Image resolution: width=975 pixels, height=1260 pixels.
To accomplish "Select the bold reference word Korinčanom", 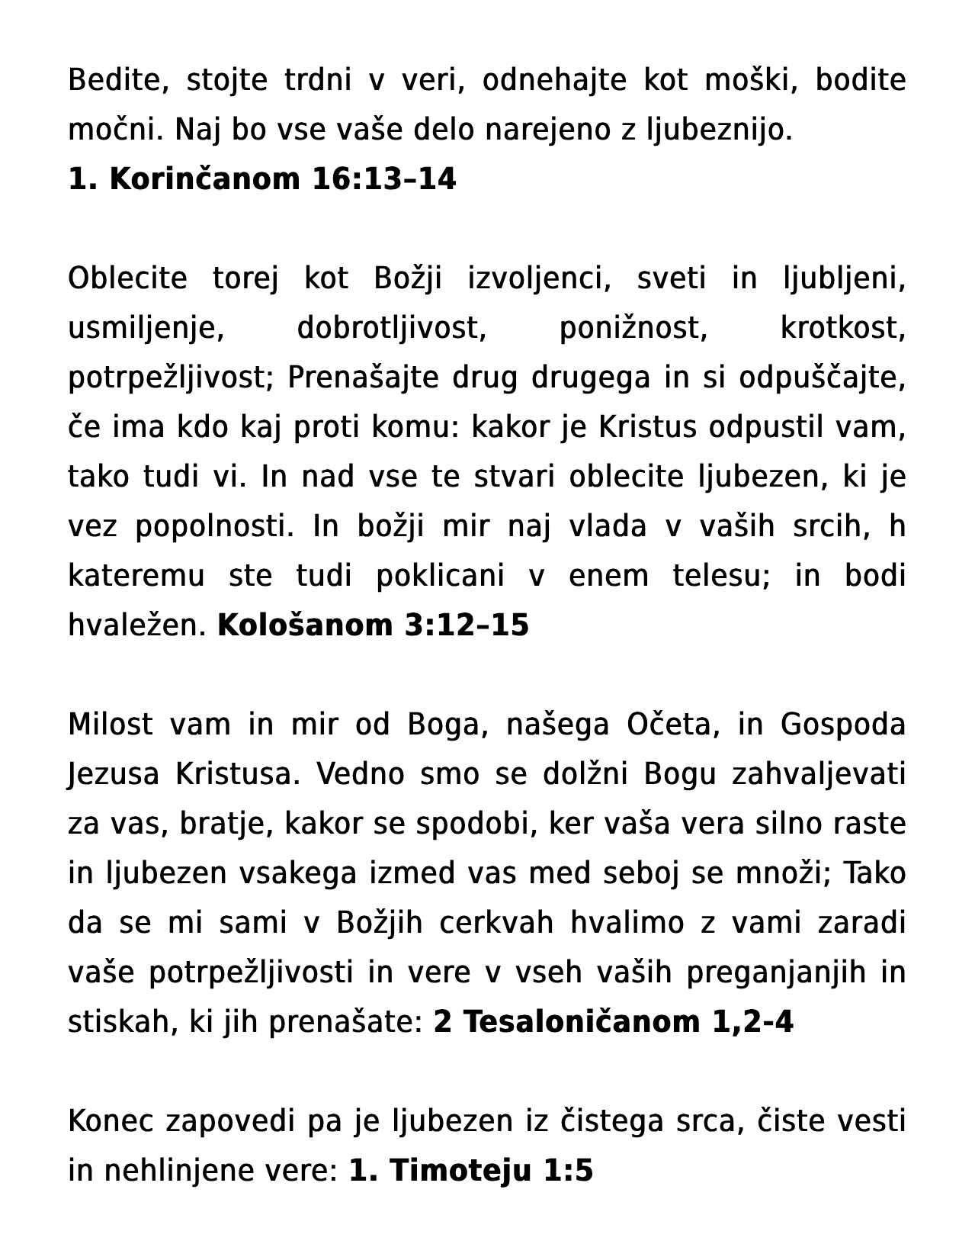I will [x=205, y=179].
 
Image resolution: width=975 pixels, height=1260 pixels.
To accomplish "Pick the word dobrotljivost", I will [x=392, y=328].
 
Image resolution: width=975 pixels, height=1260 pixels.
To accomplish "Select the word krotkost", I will [x=842, y=328].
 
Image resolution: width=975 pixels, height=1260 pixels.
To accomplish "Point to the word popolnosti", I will [x=214, y=526].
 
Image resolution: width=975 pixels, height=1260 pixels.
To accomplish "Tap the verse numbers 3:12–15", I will [x=467, y=625].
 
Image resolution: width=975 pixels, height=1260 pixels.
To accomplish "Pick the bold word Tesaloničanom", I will [x=582, y=1022].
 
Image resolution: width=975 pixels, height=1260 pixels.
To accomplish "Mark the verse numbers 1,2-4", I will [x=752, y=1022].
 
